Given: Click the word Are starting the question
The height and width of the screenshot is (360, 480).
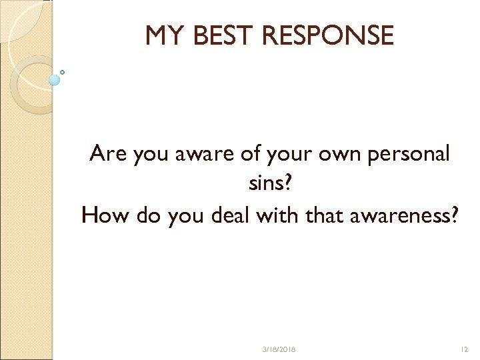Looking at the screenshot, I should (x=109, y=154).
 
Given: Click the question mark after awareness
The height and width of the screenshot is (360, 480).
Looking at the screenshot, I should (x=454, y=215).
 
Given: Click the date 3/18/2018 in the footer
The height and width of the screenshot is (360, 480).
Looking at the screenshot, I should (x=280, y=349).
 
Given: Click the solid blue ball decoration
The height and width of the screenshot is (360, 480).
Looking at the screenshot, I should (x=55, y=80).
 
